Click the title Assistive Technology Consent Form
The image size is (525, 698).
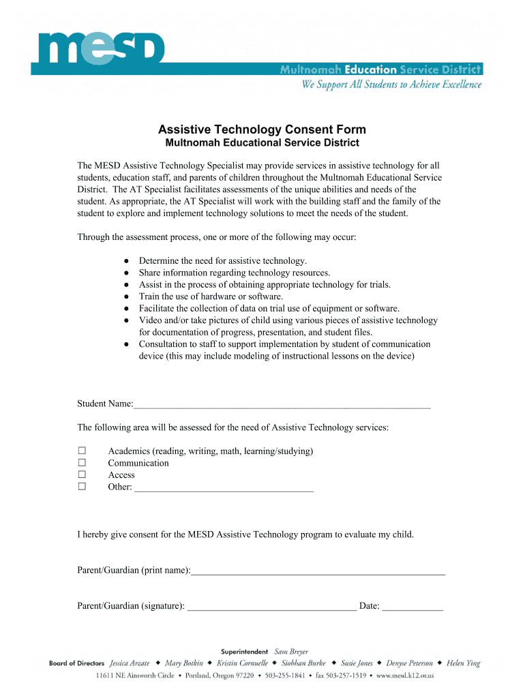[262, 130]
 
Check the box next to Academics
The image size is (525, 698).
[82, 451]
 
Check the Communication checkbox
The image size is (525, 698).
[82, 463]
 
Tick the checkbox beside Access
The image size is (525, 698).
[82, 475]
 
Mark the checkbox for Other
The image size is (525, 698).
[82, 487]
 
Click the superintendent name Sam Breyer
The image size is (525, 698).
[291, 652]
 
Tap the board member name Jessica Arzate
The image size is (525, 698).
[130, 663]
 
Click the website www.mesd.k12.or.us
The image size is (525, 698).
[405, 676]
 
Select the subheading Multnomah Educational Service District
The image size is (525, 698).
[262, 143]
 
